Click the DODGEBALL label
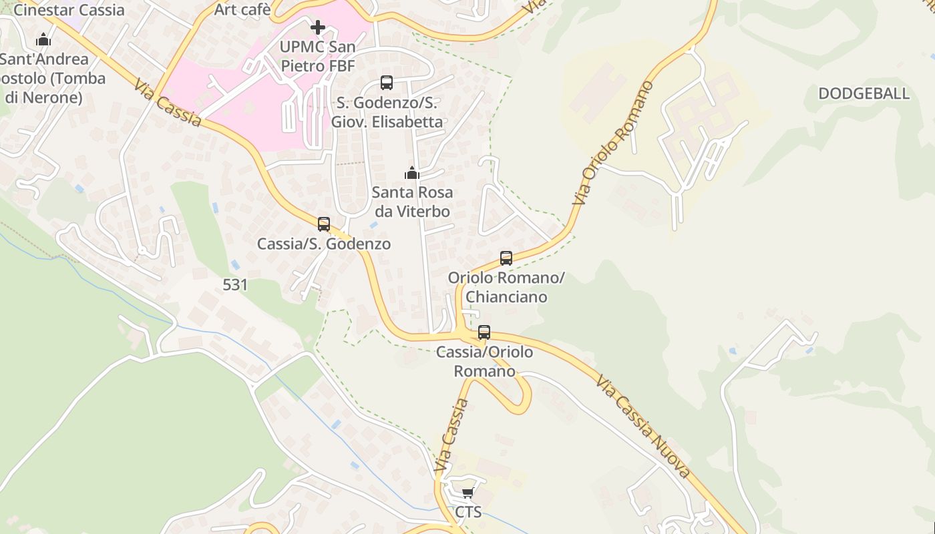click(864, 93)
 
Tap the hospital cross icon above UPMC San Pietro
click(318, 27)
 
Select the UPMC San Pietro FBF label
click(317, 57)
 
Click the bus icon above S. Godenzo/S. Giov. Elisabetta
click(387, 83)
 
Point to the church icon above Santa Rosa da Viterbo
click(412, 174)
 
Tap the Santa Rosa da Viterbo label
click(412, 202)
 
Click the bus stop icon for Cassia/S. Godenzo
click(324, 224)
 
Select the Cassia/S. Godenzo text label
click(324, 244)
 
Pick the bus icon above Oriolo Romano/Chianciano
click(506, 258)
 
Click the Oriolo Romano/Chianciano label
click(506, 287)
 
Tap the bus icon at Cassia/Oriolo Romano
click(484, 332)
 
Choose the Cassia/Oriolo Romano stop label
click(484, 361)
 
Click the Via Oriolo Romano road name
click(613, 144)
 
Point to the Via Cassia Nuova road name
click(642, 427)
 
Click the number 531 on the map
click(235, 285)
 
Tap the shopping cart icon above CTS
click(467, 493)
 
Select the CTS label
click(467, 513)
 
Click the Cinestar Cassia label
click(69, 10)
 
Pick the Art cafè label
click(242, 9)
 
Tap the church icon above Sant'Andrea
click(43, 40)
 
